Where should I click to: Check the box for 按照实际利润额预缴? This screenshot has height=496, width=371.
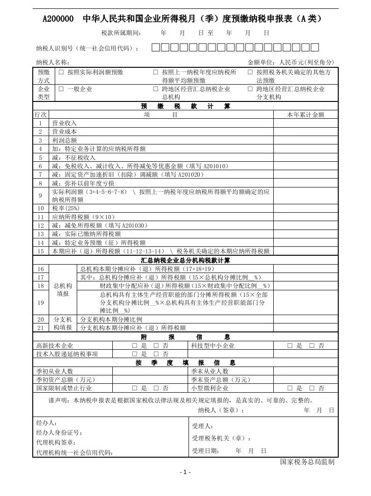coord(61,72)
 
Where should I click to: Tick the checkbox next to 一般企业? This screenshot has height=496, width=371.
coord(61,89)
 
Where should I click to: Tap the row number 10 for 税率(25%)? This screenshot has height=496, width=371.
coord(41,208)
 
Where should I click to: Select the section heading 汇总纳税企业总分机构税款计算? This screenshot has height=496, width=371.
coord(185,260)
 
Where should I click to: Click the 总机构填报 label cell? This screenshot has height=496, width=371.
coord(63,289)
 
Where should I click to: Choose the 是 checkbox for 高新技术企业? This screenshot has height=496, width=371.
coord(134,346)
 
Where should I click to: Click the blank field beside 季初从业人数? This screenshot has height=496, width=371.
coord(150,371)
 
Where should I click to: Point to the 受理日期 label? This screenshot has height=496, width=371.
coord(205,451)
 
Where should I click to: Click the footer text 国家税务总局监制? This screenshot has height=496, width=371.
coord(307,462)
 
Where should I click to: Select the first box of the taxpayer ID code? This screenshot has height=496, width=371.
coord(156,47)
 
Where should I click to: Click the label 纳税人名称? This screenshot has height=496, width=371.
coord(53,63)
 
